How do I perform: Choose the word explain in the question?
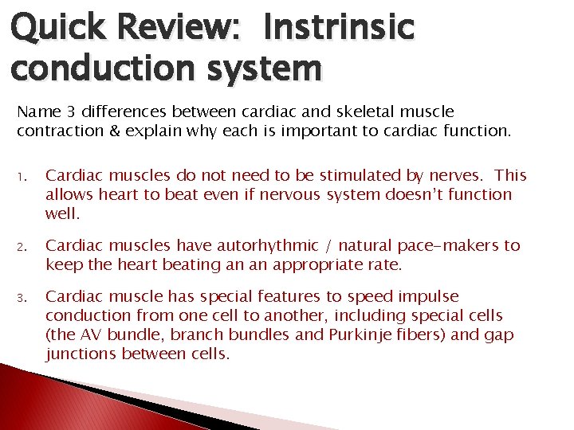click(x=144, y=131)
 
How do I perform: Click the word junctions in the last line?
click(x=81, y=354)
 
